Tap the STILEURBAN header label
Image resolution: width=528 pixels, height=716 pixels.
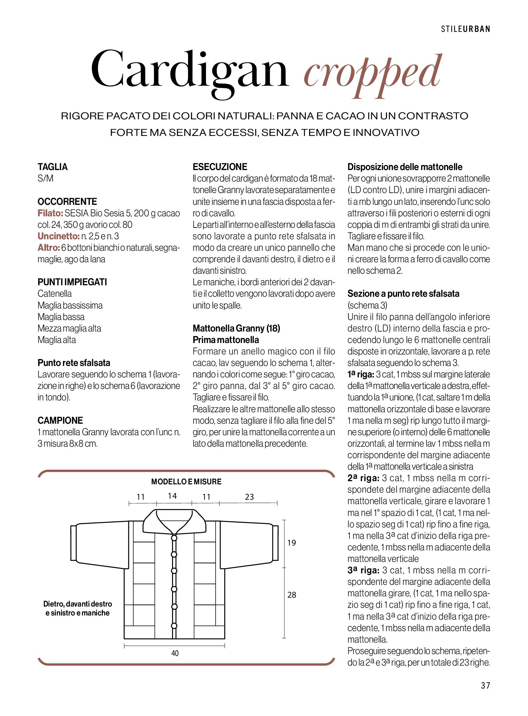(466, 29)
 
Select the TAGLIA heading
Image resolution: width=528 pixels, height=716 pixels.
(53, 167)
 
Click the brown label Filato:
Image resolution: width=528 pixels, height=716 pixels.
(50, 213)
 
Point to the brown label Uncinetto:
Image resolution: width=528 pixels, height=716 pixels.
(58, 236)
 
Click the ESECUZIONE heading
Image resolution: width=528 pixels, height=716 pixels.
(220, 167)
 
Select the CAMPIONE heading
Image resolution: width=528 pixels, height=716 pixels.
(60, 420)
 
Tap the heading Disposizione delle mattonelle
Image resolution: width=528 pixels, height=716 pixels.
(405, 167)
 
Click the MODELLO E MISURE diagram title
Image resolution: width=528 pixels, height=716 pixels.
(186, 481)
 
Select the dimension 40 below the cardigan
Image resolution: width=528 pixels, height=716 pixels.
(175, 653)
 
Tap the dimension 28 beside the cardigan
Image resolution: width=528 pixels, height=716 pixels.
(292, 595)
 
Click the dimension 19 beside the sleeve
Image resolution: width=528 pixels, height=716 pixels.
(291, 543)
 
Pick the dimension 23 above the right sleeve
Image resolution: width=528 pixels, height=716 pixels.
(249, 497)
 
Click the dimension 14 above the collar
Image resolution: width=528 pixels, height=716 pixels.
(172, 496)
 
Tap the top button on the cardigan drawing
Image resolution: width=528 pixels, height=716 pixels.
(174, 538)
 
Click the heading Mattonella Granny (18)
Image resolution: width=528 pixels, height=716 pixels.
(236, 328)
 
